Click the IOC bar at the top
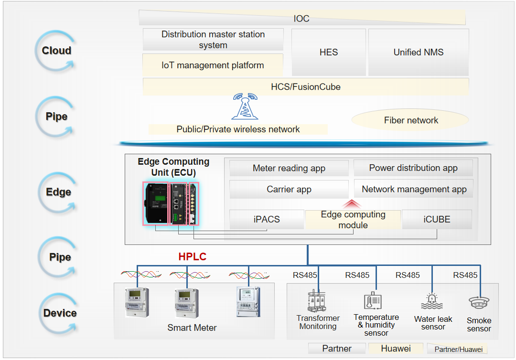(302, 19)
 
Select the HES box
(328, 52)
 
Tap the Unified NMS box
(419, 52)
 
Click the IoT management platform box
(213, 65)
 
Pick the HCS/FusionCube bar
(306, 87)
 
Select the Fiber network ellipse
(411, 120)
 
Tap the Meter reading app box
(289, 168)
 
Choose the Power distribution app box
(413, 168)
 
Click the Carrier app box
(289, 189)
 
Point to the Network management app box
(414, 189)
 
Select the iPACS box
(267, 220)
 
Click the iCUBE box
(437, 220)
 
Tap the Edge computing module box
(353, 220)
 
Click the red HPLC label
(192, 257)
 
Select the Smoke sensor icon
(478, 304)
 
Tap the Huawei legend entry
(396, 349)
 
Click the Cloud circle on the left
(56, 51)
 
